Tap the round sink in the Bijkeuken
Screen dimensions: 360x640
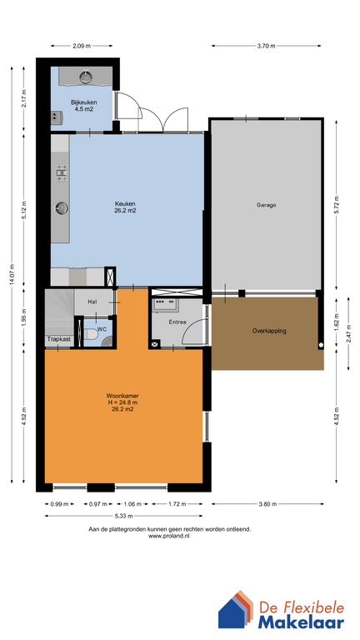pos(85,77)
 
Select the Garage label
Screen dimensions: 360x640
pos(266,205)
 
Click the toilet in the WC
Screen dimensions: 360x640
pos(91,335)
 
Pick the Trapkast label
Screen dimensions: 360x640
pos(57,339)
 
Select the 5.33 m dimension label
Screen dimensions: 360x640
pos(123,516)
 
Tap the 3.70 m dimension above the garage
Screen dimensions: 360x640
pos(266,46)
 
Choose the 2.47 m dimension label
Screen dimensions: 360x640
pos(348,333)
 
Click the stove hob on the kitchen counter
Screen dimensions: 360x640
pos(62,172)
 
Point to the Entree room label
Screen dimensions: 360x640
pos(177,322)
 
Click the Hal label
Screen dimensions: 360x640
pos(92,302)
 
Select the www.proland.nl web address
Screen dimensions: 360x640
pos(169,537)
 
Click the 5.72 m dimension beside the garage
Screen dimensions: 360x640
pos(337,205)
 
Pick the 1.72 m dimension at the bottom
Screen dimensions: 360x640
pos(177,504)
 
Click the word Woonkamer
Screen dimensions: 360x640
pos(123,396)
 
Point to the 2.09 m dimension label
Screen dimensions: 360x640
pos(81,46)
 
